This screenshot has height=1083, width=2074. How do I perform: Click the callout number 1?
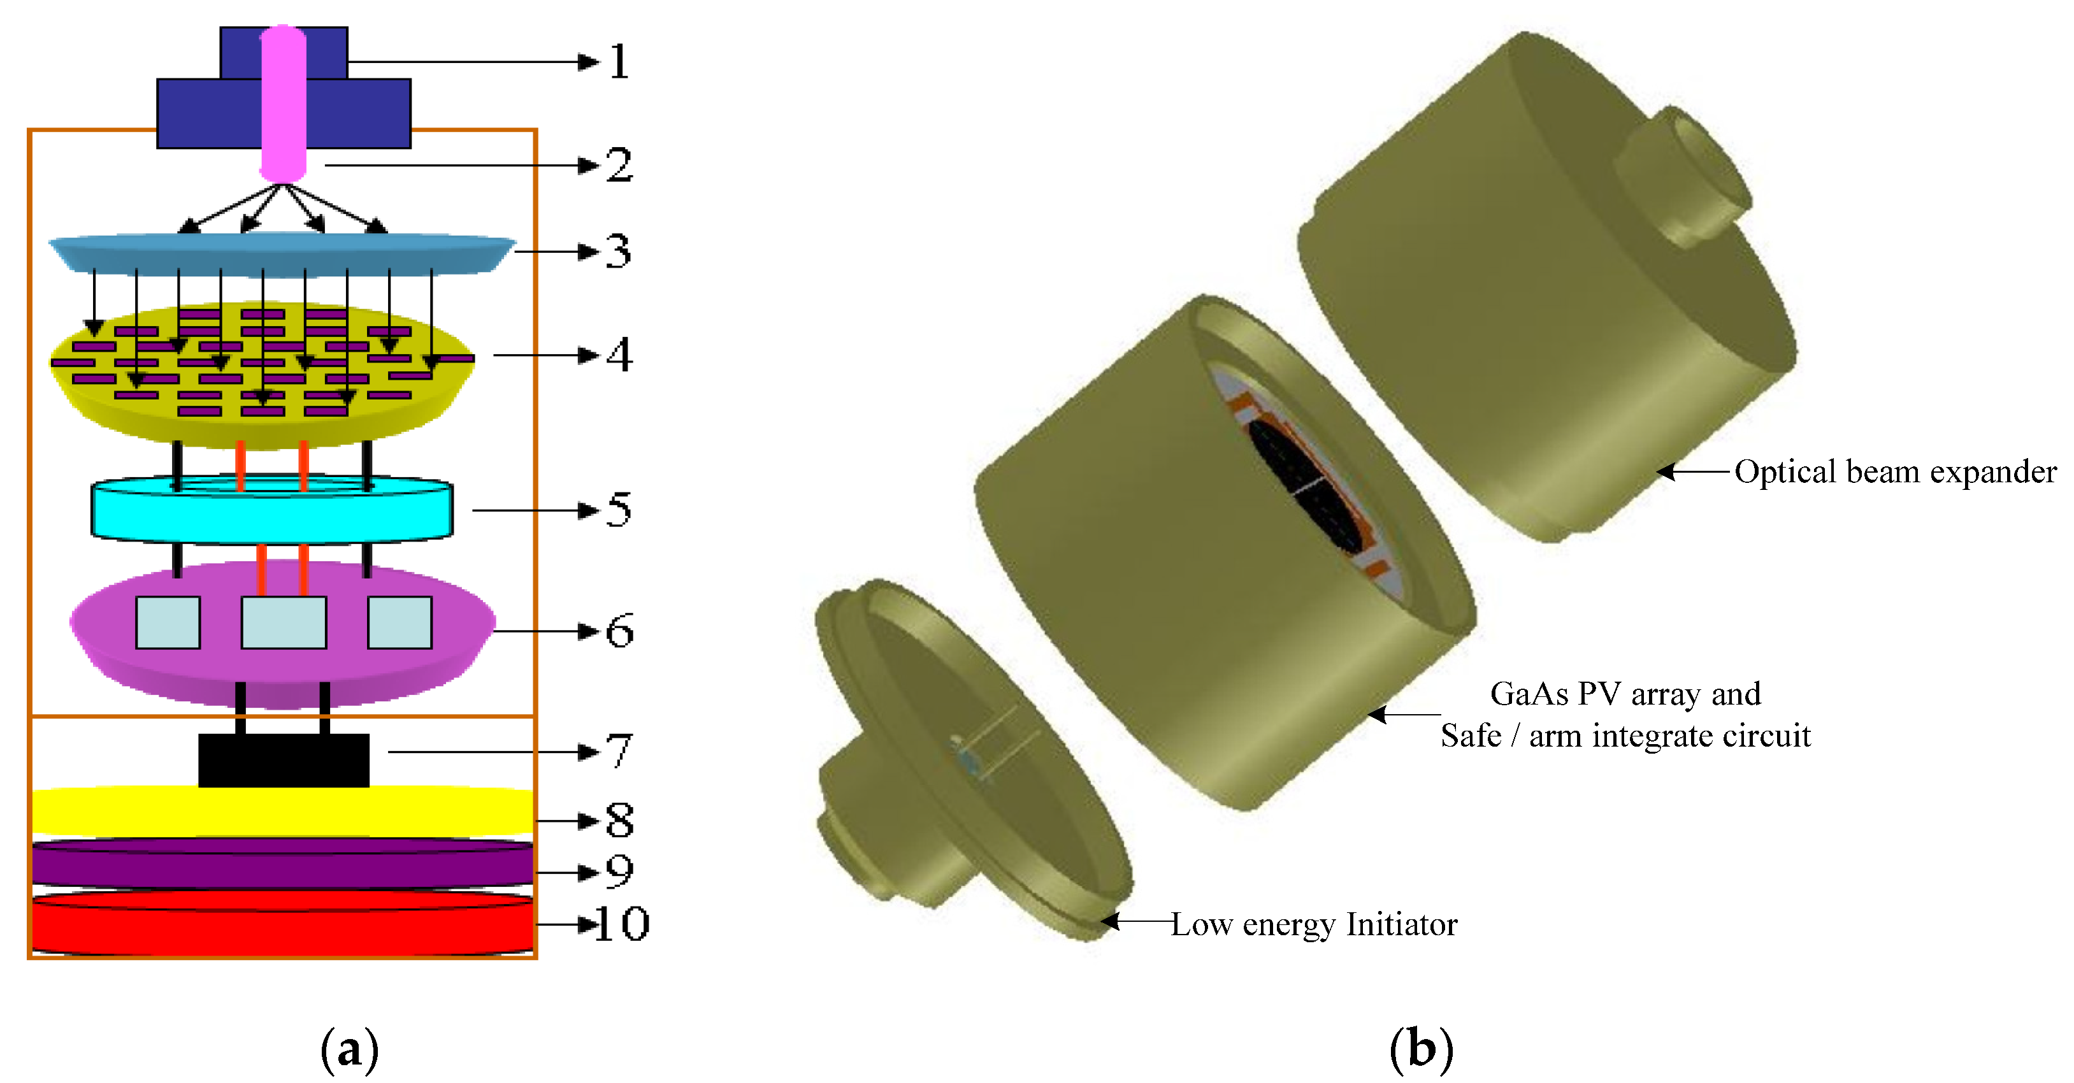[618, 61]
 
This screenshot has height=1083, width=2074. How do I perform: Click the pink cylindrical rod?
[283, 103]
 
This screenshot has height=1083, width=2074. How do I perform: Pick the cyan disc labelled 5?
[272, 509]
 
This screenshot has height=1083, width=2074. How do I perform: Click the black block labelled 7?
[284, 759]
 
